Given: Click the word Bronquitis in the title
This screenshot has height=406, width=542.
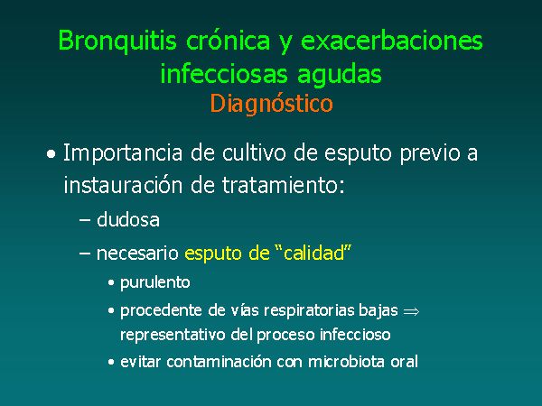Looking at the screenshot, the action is (x=117, y=42).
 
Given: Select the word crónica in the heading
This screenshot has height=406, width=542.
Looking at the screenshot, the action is (x=229, y=40).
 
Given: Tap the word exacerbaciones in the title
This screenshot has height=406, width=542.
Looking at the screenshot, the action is (x=392, y=40).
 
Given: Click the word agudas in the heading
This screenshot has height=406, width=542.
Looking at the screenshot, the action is (x=339, y=75).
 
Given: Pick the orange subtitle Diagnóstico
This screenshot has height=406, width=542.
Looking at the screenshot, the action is (x=271, y=104).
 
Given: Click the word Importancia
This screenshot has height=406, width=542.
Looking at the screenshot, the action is (x=123, y=153).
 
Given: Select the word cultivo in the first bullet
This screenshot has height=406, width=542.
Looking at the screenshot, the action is (x=254, y=152).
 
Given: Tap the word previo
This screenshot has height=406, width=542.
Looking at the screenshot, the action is (x=430, y=154).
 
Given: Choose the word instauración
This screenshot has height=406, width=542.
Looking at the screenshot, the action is (x=123, y=185).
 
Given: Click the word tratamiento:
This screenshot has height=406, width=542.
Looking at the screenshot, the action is (x=284, y=185).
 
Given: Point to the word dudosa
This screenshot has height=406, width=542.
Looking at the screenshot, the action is (x=128, y=219).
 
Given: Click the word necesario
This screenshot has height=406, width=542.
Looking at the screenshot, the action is (x=137, y=254).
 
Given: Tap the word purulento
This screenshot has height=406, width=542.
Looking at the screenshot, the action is (x=155, y=282).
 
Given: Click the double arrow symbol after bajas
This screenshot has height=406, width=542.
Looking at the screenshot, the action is (x=411, y=312).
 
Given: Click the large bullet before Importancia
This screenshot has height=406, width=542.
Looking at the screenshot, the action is (x=51, y=154).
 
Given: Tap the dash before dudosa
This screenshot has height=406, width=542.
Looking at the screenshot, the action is (x=85, y=220).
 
